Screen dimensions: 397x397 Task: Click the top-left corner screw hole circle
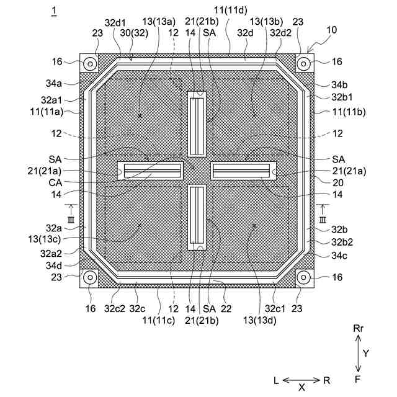click(90, 64)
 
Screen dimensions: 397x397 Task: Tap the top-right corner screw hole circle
click(303, 64)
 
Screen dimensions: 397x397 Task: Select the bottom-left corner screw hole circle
click(90, 277)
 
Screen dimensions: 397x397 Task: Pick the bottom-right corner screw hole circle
click(303, 277)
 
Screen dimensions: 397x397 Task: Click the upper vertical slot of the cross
click(197, 124)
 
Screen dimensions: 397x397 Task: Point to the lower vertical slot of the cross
click(197, 217)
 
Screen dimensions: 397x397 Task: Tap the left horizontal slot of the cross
click(150, 171)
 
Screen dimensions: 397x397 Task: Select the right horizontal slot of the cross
click(243, 171)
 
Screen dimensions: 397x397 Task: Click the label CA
click(55, 182)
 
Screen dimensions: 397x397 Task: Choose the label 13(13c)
click(45, 239)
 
